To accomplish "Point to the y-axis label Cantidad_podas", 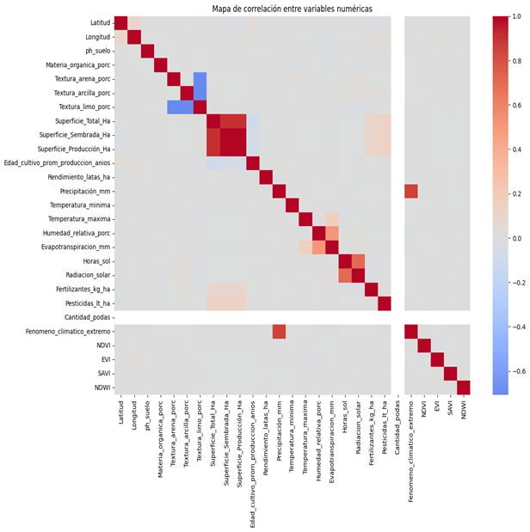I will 82,317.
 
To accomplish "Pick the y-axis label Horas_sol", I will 90,261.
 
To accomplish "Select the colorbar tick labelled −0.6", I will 515,370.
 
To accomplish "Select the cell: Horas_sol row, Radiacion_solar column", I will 357,261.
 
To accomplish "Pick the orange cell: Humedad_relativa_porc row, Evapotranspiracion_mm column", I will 331,233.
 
